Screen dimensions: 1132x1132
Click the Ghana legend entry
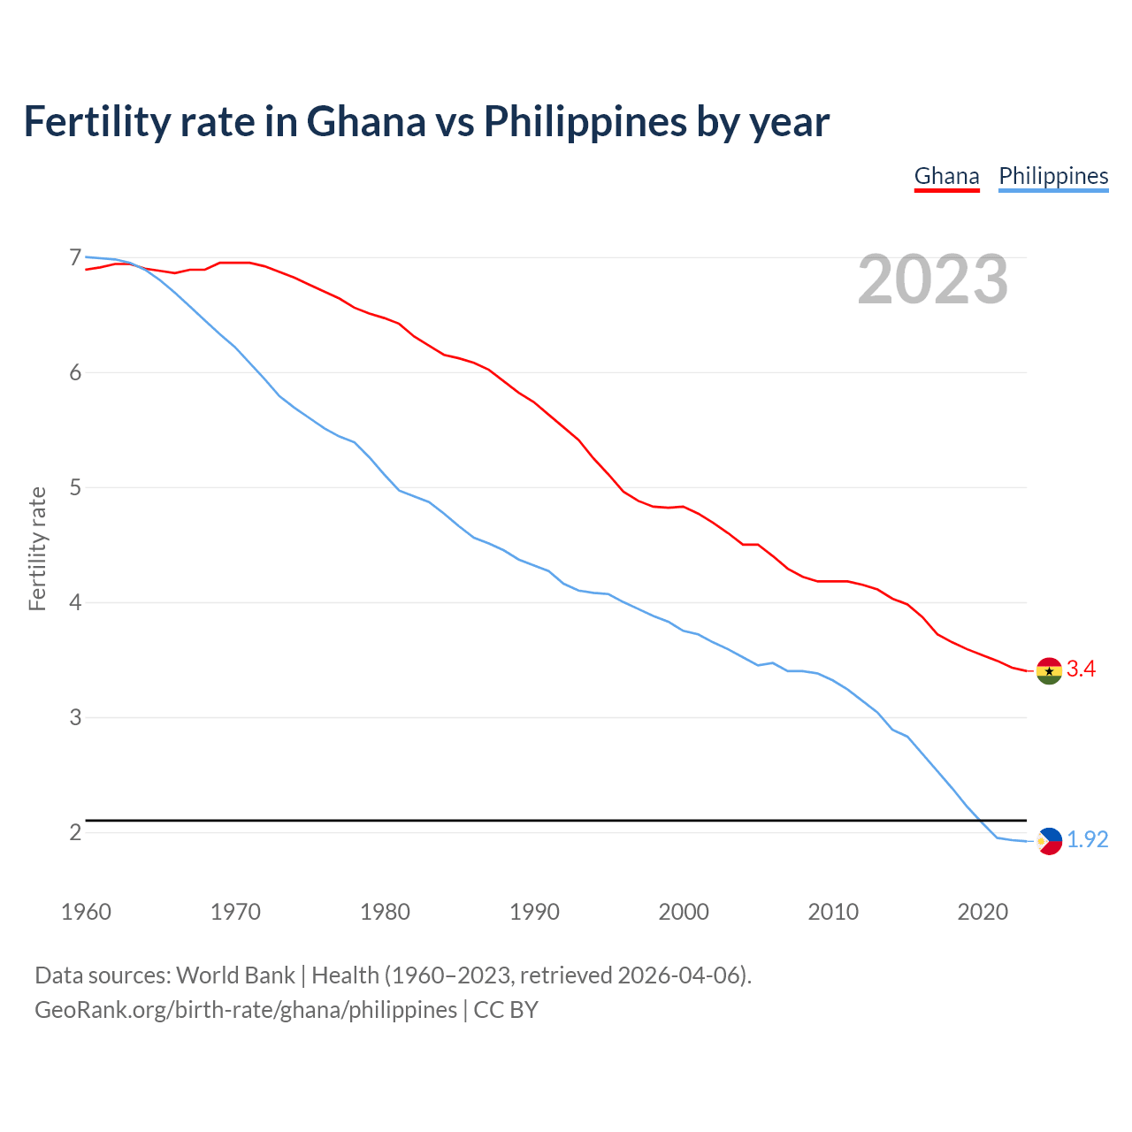[946, 176]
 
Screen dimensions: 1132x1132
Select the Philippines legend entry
[1053, 176]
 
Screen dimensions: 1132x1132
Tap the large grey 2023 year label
[932, 279]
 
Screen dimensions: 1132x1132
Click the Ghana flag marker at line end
[1049, 670]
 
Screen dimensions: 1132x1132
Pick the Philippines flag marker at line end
[1049, 840]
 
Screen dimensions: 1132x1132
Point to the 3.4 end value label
[1081, 669]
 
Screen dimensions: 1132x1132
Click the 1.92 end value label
[1087, 840]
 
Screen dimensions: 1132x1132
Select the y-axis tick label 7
[75, 257]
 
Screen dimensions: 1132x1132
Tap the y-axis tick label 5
[75, 487]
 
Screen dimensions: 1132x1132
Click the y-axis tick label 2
[75, 832]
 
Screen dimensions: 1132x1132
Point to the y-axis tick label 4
[75, 602]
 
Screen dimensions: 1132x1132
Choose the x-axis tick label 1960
[86, 912]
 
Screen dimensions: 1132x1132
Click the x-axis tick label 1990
[534, 912]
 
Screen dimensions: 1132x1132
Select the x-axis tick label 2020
[983, 912]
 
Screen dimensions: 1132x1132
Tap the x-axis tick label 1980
[385, 912]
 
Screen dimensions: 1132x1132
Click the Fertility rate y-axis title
[37, 548]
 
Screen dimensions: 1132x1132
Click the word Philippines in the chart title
[585, 122]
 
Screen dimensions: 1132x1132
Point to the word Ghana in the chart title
[365, 122]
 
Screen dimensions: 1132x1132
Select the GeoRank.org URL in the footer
[246, 1010]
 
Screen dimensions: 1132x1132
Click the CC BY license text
[506, 1010]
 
